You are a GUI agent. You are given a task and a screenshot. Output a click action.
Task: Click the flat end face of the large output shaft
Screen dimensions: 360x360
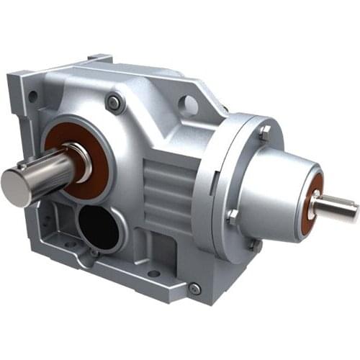click(x=14, y=186)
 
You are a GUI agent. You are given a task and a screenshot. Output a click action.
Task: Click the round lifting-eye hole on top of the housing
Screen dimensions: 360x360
click(x=188, y=106)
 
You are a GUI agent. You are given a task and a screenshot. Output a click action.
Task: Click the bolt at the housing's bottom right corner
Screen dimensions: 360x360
click(x=194, y=289)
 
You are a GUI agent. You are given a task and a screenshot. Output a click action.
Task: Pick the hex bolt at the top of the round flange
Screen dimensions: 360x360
click(x=264, y=132)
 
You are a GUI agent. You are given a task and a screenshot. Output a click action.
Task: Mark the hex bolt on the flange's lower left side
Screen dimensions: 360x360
click(x=232, y=215)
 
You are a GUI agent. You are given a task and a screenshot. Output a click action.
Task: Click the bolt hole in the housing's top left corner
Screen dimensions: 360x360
click(x=32, y=96)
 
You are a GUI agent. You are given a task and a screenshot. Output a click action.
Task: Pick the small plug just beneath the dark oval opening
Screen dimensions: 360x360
click(x=94, y=253)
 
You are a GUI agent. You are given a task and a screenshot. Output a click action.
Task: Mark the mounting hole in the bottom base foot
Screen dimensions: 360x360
click(x=151, y=274)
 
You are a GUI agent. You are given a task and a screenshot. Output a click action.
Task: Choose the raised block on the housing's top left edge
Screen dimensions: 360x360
click(x=97, y=60)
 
